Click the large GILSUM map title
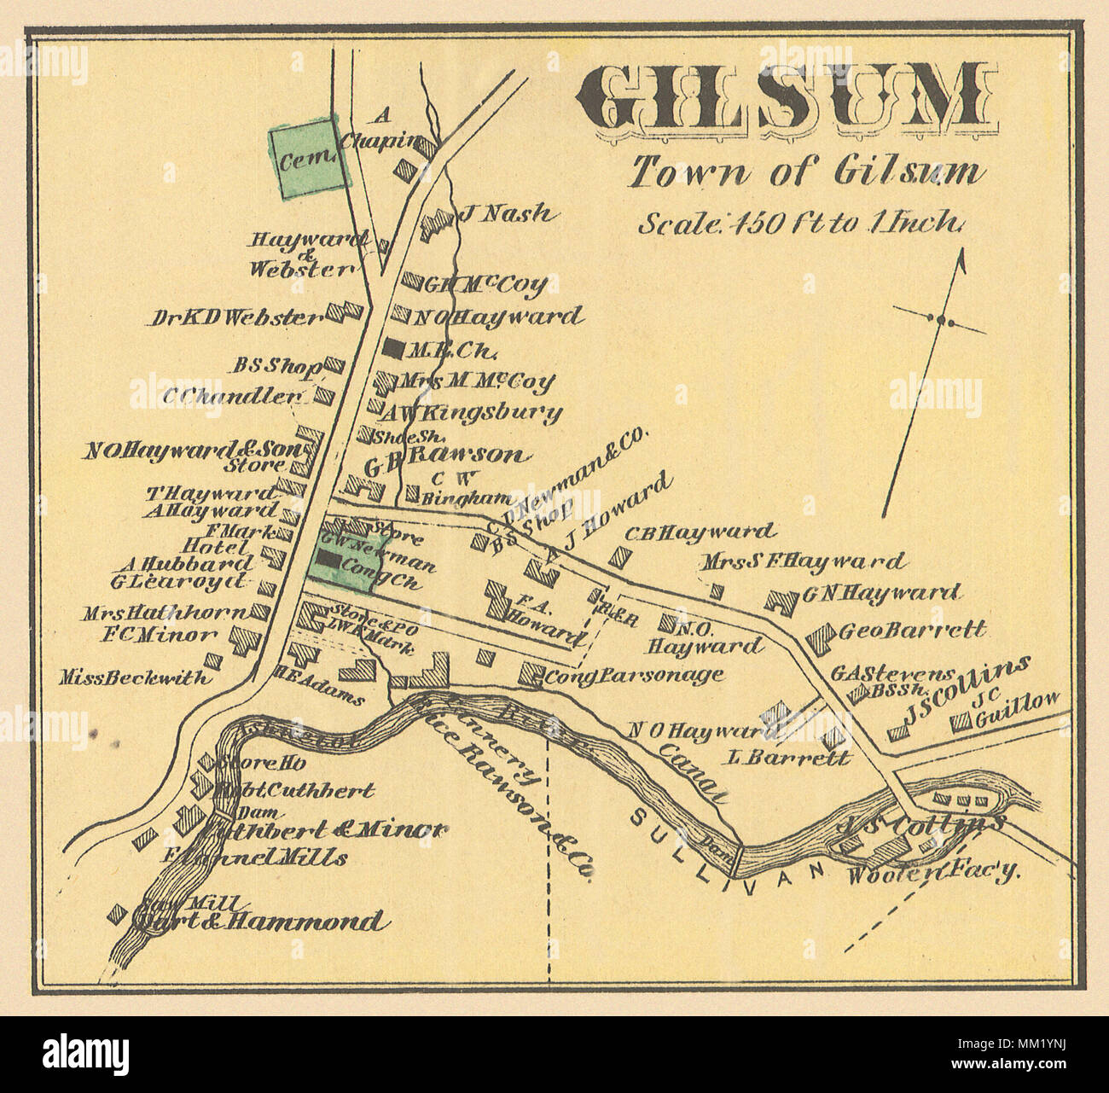coord(790,102)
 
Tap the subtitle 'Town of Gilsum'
coord(805,172)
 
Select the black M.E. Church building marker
coord(392,347)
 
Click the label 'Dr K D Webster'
coord(235,317)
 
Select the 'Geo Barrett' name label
coord(912,631)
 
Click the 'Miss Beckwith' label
coord(135,678)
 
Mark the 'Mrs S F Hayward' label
coord(802,561)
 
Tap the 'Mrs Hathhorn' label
coord(164,613)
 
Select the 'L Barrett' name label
coord(789,757)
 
